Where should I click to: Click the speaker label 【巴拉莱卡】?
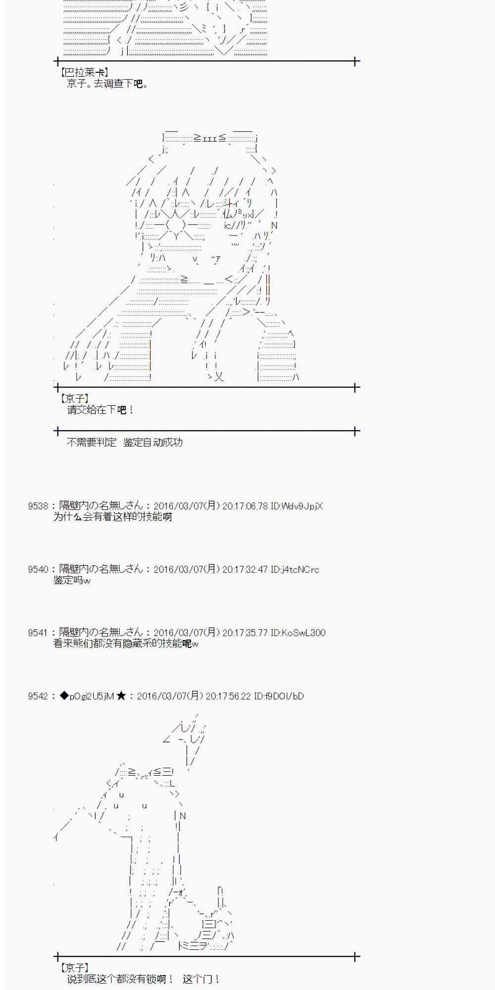click(84, 73)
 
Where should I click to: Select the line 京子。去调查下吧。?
click(107, 84)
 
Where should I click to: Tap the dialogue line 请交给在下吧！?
click(100, 410)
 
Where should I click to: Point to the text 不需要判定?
click(92, 442)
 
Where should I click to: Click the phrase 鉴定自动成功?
click(153, 442)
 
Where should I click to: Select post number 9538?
click(38, 506)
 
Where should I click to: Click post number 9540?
click(38, 569)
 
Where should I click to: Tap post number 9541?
click(38, 633)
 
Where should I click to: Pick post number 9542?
click(38, 696)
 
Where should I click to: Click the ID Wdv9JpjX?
click(297, 506)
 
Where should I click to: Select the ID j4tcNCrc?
click(295, 569)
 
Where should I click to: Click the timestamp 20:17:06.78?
click(245, 506)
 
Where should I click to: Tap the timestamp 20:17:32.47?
click(245, 569)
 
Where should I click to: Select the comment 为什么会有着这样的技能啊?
click(112, 517)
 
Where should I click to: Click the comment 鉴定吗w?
click(72, 580)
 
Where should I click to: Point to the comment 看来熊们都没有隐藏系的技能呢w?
click(126, 643)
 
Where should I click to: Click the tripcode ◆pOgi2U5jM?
click(87, 696)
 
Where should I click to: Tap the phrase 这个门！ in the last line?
click(201, 979)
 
